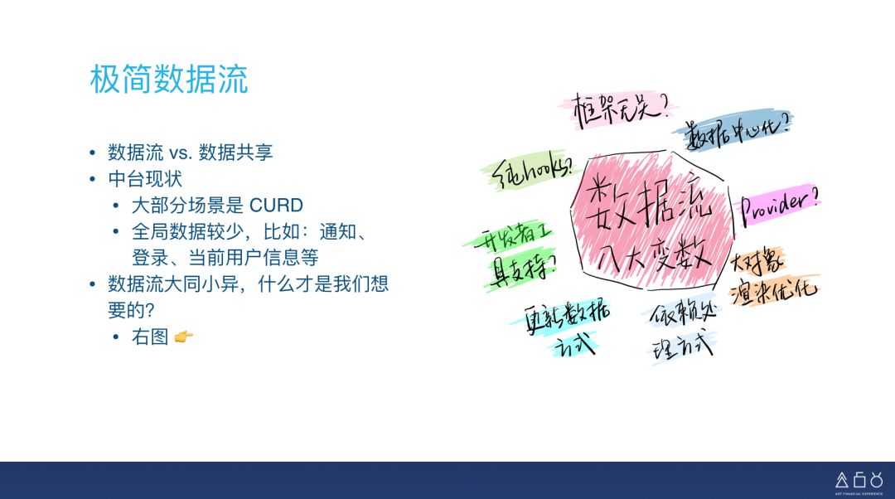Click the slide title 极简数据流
169,80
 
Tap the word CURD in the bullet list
276,205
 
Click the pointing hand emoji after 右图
184,337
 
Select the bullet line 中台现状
144,179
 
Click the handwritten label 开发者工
508,237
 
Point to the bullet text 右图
150,337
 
